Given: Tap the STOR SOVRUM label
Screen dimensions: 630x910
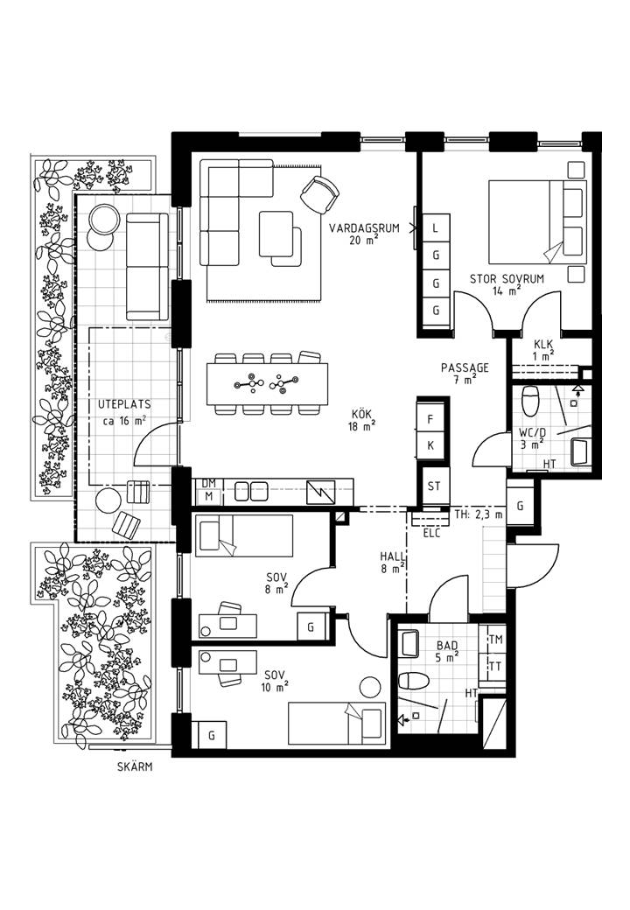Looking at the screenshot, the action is click(x=507, y=279).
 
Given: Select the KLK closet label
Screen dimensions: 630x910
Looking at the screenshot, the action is click(x=543, y=344).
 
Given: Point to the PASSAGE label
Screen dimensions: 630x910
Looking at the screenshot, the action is click(x=465, y=368).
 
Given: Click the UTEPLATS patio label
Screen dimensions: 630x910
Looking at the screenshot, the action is click(x=124, y=404).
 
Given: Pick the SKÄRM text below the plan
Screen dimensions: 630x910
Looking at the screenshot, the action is click(x=135, y=766).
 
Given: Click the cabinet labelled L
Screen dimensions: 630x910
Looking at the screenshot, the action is click(x=436, y=228).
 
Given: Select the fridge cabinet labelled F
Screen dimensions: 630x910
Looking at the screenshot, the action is click(x=430, y=419).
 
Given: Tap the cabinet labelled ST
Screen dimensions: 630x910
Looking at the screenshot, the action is click(x=434, y=486).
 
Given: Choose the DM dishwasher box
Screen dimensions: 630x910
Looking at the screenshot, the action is click(x=209, y=483).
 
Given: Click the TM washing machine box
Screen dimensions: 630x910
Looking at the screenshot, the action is click(x=495, y=640).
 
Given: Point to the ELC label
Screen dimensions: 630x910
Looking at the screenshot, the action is click(x=432, y=533).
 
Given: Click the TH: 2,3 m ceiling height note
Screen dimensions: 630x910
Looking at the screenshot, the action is click(x=479, y=514).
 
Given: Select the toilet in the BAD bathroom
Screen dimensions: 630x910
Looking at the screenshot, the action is click(x=414, y=680).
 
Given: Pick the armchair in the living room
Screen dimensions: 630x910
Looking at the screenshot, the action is click(x=319, y=194).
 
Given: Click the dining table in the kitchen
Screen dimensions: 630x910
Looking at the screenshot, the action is click(x=268, y=384).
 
